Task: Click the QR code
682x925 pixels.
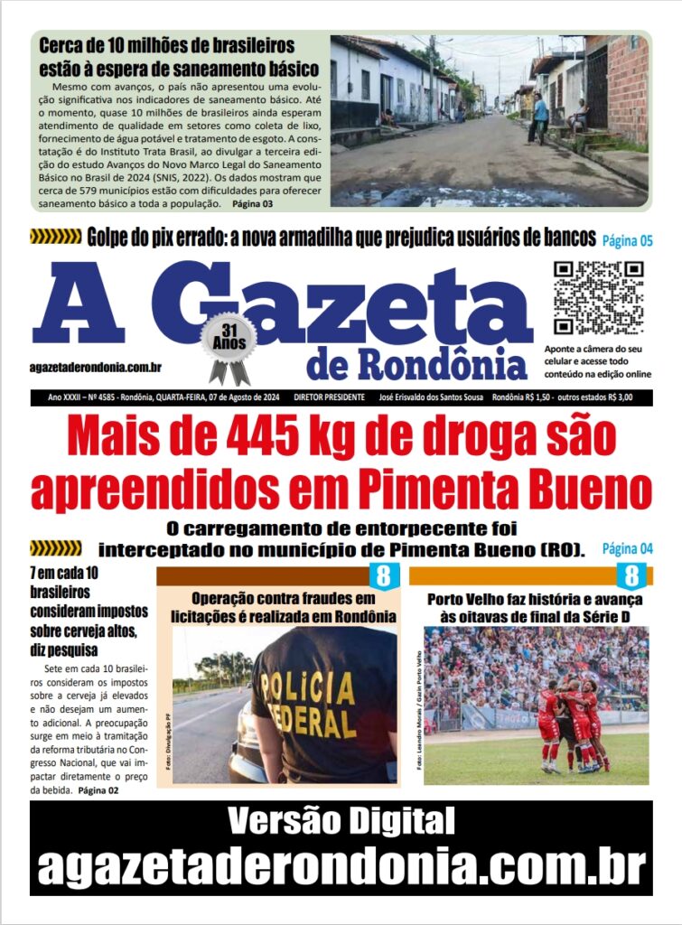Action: tap(598, 297)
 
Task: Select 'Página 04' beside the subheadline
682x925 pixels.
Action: tap(627, 548)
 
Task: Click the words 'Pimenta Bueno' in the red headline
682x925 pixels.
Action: tap(504, 489)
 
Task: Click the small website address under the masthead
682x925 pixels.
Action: tap(95, 366)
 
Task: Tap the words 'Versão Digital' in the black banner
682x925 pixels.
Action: tap(341, 821)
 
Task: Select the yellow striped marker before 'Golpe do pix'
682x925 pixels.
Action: tap(56, 238)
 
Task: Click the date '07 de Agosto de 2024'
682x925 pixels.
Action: tap(230, 397)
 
